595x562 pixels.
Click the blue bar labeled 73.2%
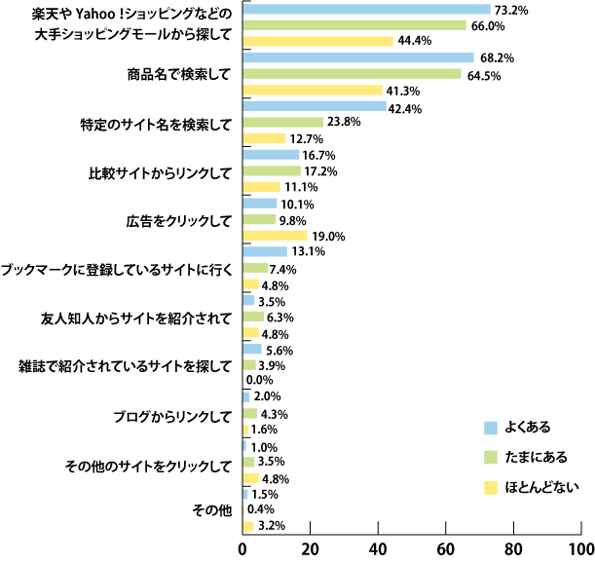coord(366,10)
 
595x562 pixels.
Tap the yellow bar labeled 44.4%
coord(317,41)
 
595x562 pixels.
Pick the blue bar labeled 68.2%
coord(357,57)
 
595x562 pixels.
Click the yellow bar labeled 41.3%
coord(313,90)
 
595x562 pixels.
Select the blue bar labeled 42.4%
coord(314,106)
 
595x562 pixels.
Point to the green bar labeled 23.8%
coord(282,122)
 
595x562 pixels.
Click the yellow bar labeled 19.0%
coord(275,235)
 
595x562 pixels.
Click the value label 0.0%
coord(259,380)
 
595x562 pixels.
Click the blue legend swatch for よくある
coord(492,427)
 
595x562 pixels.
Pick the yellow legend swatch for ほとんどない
coord(492,486)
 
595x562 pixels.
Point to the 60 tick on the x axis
coord(447,548)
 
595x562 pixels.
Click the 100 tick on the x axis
coord(580,548)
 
